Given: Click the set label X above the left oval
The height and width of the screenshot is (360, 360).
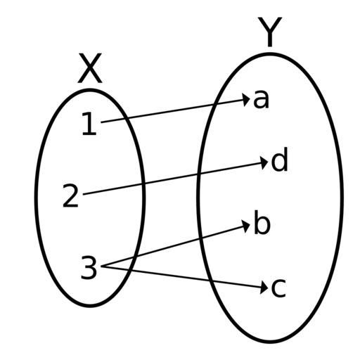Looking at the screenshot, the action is point(90,68).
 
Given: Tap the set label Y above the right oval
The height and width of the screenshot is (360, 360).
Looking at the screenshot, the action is point(270,32).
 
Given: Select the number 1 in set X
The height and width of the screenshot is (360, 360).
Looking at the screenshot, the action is point(90,123).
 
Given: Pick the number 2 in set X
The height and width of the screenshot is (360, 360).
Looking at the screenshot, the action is point(70,195).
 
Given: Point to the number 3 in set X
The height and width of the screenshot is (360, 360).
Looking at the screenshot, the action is point(89,267).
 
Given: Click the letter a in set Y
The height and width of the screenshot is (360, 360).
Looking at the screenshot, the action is point(261,99).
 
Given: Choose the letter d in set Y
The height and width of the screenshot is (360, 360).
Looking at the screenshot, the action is point(279,160).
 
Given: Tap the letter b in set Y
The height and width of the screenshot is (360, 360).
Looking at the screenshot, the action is point(262,222).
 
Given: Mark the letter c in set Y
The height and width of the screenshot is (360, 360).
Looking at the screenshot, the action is point(278,288).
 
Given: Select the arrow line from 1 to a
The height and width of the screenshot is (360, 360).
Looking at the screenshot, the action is point(175,111).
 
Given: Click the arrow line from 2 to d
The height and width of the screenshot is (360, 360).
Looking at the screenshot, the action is point(176,178).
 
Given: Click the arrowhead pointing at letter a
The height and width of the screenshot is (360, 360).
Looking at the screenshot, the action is point(247,100).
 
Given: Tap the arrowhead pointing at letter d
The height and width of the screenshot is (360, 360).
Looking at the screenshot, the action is point(265,162).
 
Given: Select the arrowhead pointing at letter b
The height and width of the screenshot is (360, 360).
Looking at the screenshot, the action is point(247,226).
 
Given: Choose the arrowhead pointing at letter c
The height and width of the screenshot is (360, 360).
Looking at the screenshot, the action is point(265,288).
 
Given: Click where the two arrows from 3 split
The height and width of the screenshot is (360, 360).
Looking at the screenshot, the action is point(102,266).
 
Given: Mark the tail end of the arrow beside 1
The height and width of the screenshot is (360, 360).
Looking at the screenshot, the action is point(101,122).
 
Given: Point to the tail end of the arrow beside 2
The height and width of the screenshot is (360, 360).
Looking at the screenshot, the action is point(84,194).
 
